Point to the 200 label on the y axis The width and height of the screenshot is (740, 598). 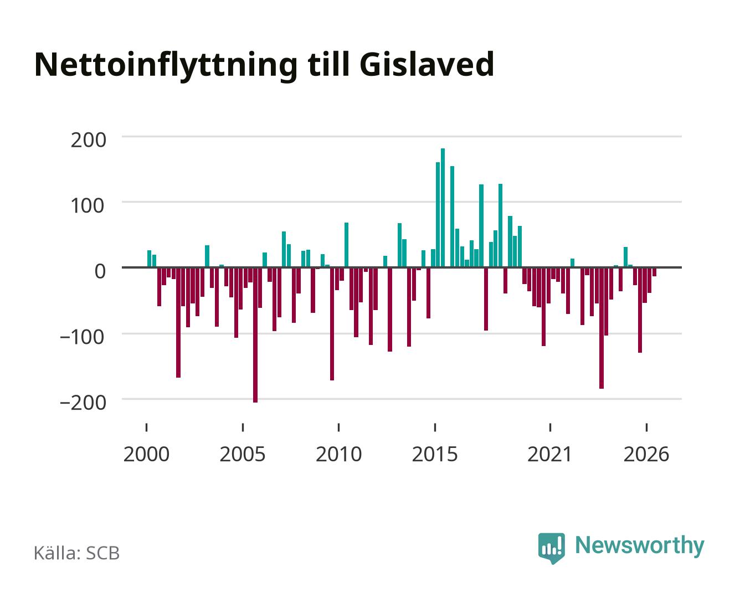pyautogui.click(x=88, y=141)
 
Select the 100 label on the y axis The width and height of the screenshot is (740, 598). pyautogui.click(x=88, y=206)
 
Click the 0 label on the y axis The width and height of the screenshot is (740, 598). pyautogui.click(x=100, y=271)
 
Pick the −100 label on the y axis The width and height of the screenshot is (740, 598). pyautogui.click(x=83, y=337)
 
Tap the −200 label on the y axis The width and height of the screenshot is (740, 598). pyautogui.click(x=83, y=403)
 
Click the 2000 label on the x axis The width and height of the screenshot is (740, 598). pyautogui.click(x=146, y=455)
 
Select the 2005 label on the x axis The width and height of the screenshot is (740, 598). pyautogui.click(x=243, y=455)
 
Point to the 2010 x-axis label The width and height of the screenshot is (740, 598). pyautogui.click(x=339, y=455)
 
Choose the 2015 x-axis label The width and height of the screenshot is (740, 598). pyautogui.click(x=435, y=455)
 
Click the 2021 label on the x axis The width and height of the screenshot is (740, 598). pyautogui.click(x=549, y=455)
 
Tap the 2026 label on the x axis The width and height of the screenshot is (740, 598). pyautogui.click(x=646, y=455)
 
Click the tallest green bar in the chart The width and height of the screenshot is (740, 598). pyautogui.click(x=443, y=208)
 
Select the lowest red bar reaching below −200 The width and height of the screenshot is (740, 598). pyautogui.click(x=255, y=335)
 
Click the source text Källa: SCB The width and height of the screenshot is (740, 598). pyautogui.click(x=77, y=553)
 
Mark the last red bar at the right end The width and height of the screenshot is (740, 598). pyautogui.click(x=655, y=272)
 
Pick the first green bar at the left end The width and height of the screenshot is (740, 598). pyautogui.click(x=150, y=259)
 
